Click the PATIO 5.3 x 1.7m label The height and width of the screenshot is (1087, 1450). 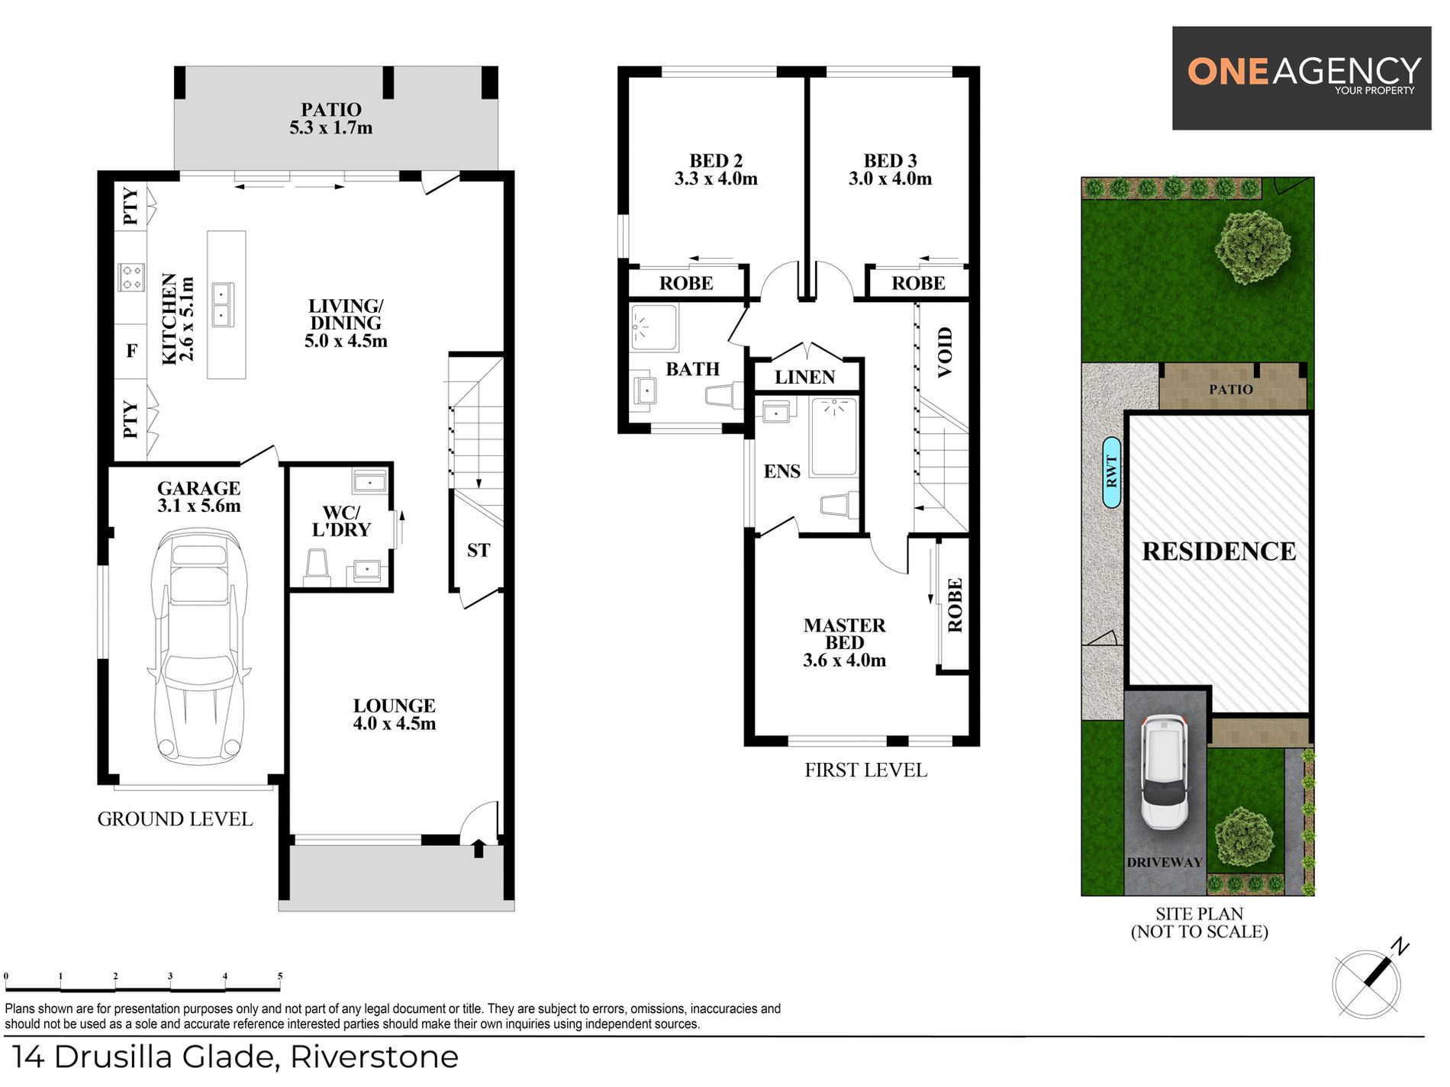pos(331,119)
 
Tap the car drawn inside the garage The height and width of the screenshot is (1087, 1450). pos(200,645)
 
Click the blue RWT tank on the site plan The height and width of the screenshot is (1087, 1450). pos(1112,473)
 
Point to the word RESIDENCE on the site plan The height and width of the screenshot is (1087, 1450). pos(1219,552)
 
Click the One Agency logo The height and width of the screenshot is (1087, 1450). pos(1302,78)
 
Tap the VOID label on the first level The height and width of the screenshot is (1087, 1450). pos(945,352)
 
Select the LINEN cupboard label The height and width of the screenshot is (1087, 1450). pos(804,377)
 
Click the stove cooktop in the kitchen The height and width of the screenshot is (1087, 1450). pos(130,277)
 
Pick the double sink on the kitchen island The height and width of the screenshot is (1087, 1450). pos(223,304)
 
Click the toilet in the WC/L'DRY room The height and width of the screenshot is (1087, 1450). pos(317,566)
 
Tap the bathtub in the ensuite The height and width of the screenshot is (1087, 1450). pos(833,436)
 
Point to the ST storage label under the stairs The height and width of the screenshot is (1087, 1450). pos(478,550)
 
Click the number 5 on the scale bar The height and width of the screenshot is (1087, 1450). pos(280,976)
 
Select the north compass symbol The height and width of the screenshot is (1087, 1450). pos(1368,980)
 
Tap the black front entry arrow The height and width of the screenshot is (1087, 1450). pos(478,847)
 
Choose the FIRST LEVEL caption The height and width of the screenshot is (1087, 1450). pos(865,770)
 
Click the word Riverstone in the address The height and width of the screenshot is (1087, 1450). pos(374,1057)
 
